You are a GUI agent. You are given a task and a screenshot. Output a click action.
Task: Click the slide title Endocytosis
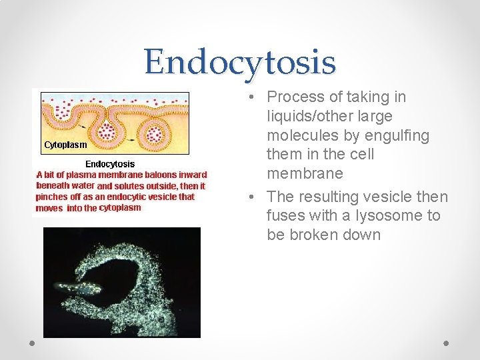click(x=240, y=61)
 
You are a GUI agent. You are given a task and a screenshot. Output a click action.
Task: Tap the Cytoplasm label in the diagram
click(x=65, y=144)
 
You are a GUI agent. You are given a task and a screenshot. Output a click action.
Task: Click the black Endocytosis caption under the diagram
click(x=110, y=164)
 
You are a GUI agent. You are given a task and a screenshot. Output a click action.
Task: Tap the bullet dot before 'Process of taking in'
click(x=247, y=98)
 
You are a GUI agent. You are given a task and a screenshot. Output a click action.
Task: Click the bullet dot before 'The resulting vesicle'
click(x=247, y=197)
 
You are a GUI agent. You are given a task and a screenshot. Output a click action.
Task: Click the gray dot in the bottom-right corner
click(x=446, y=342)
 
